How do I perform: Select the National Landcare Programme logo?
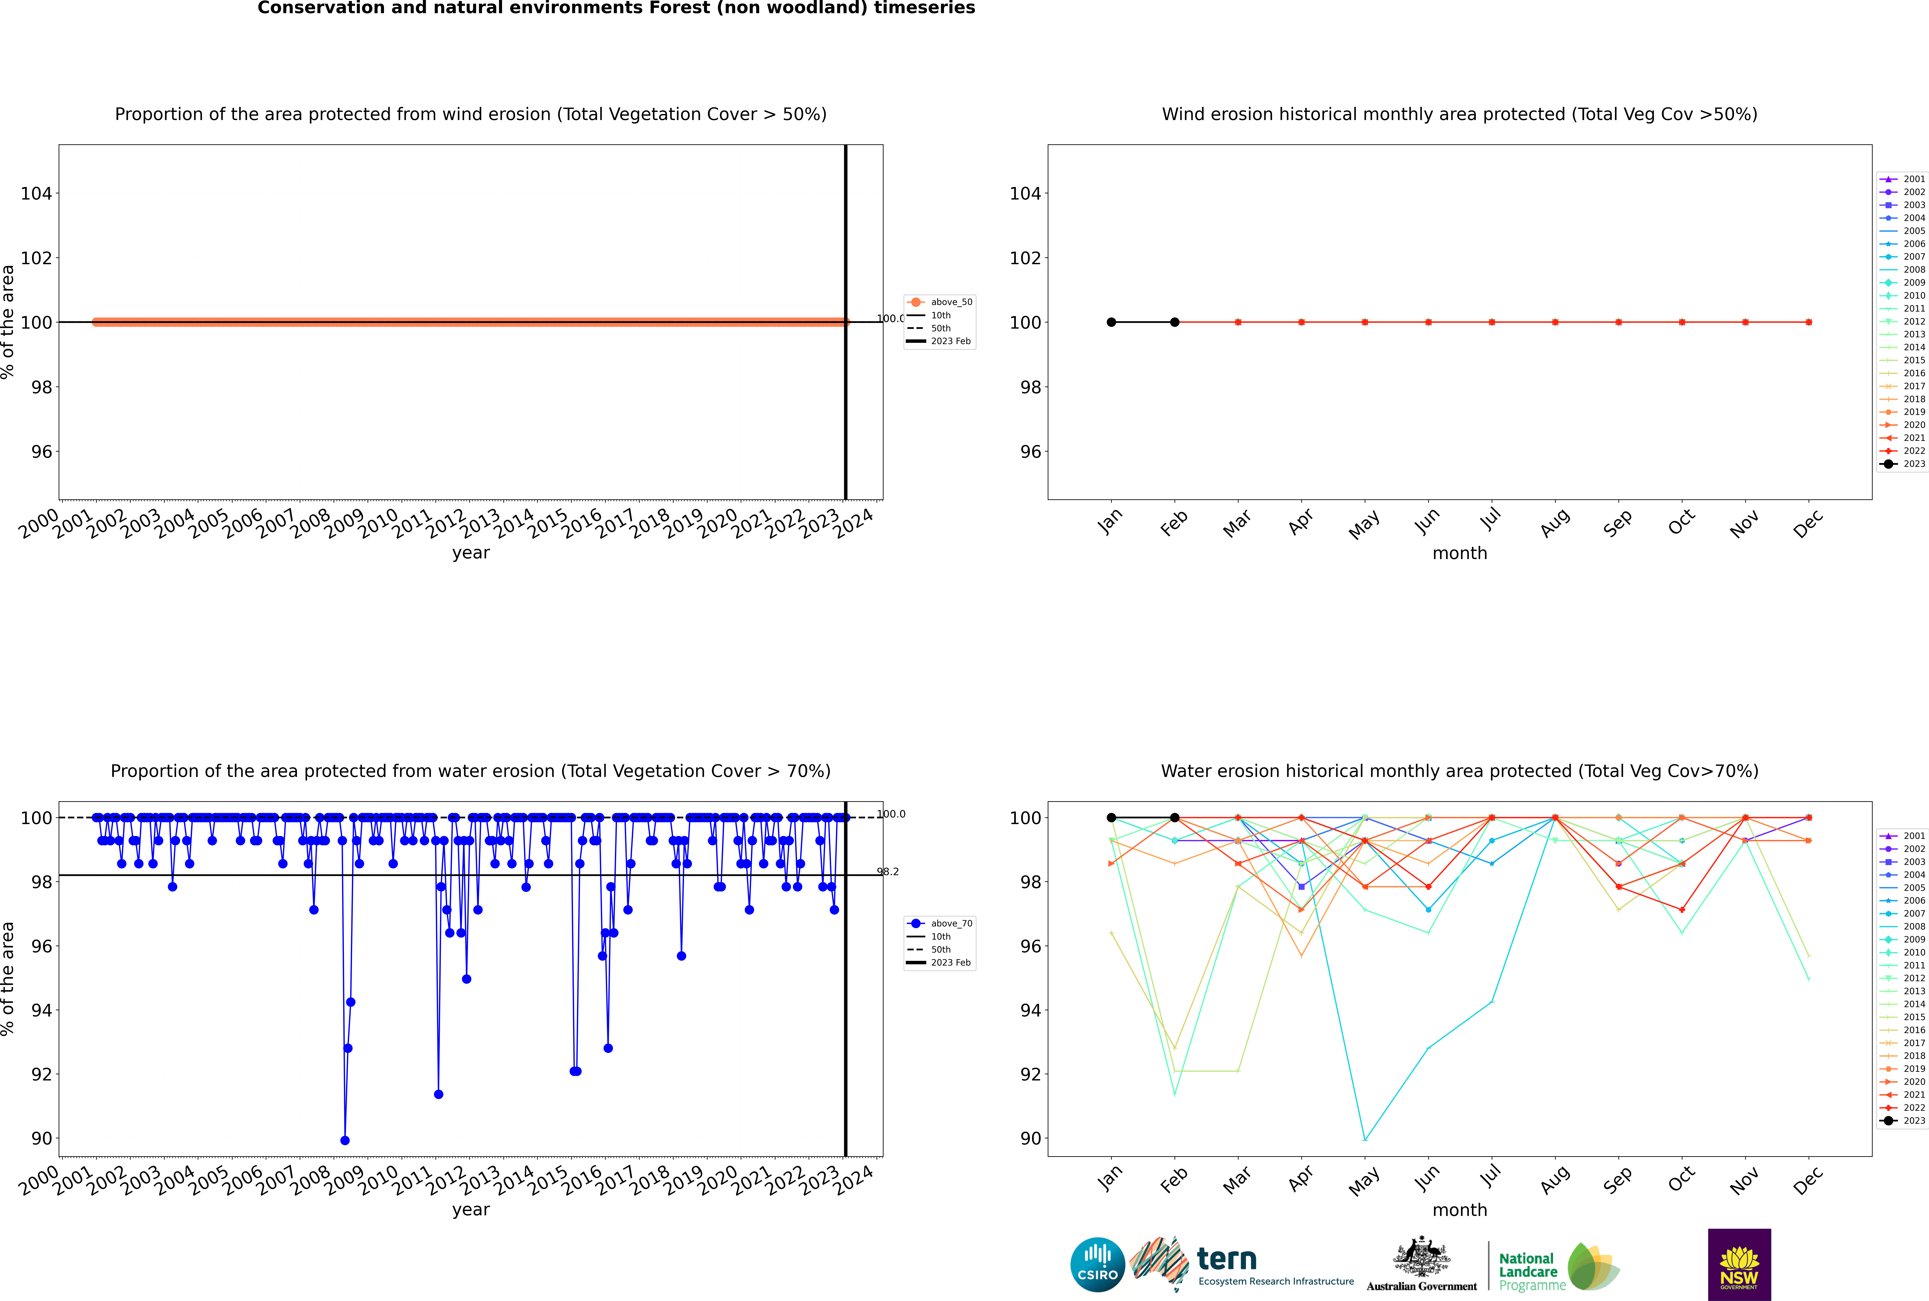tap(1558, 1267)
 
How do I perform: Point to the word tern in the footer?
tap(1227, 1260)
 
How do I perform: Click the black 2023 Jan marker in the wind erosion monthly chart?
tap(1111, 322)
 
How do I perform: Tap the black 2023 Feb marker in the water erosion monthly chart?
tap(1174, 817)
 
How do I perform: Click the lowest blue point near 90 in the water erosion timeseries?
tap(345, 1140)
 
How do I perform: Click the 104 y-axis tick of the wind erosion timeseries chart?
tap(36, 193)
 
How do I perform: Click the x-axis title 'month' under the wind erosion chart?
tap(1460, 554)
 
